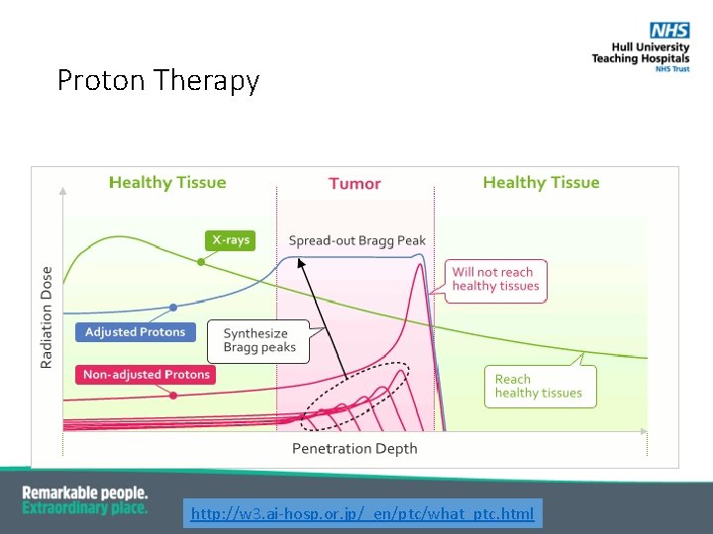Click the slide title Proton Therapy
157,80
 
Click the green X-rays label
230,240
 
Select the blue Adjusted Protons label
135,332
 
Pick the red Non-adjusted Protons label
146,375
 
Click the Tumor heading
355,184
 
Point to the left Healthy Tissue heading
167,183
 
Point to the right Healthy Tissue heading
541,183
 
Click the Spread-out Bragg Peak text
356,240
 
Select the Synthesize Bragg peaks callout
255,341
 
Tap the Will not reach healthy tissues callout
496,280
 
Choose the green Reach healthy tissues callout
539,386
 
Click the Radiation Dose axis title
47,316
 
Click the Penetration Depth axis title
355,449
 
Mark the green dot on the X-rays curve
201,262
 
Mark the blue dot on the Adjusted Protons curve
173,308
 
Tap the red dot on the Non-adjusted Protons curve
173,395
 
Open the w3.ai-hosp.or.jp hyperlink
361,513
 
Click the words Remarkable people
85,492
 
